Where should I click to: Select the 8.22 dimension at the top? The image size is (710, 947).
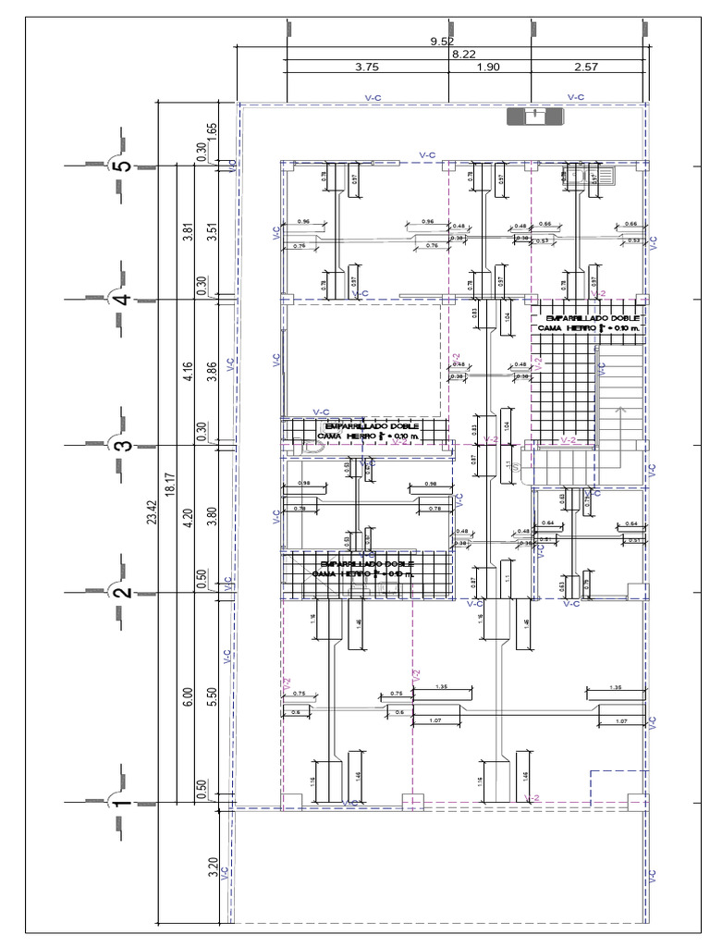463,55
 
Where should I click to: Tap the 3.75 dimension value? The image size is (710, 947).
367,68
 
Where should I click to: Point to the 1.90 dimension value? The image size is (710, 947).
488,68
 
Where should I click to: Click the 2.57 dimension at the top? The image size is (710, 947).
587,68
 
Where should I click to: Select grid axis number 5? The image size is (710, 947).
121,167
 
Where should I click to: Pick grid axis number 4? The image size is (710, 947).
121,299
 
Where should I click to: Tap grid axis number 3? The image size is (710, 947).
121,445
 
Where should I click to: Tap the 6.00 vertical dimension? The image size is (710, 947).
188,698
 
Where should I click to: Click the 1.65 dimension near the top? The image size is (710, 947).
212,130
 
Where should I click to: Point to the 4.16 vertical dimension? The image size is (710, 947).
188,372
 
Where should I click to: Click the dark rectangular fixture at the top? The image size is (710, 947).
534,117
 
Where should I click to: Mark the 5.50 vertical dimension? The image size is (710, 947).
212,698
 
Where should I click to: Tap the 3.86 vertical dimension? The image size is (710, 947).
212,372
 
